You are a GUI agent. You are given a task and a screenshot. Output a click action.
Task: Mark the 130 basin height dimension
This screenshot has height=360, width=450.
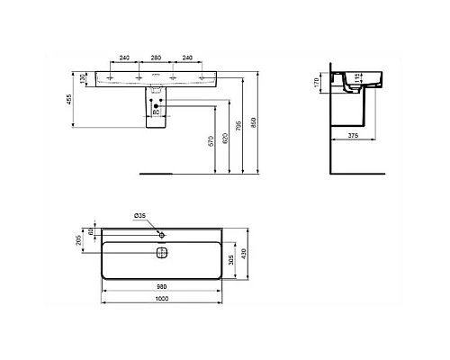(x=84, y=78)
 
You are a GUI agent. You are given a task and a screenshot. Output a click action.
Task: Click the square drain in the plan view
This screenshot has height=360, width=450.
(x=163, y=252)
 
